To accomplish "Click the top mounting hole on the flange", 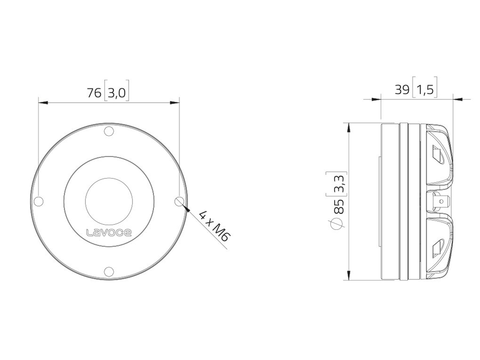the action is pyautogui.click(x=109, y=132).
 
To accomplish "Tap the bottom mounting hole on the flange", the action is pyautogui.click(x=109, y=271).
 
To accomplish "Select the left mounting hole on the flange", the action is pyautogui.click(x=38, y=202).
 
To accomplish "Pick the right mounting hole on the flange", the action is pyautogui.click(x=180, y=202).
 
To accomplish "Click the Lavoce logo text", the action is pyautogui.click(x=109, y=233).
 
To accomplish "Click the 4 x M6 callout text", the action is pyautogui.click(x=214, y=226).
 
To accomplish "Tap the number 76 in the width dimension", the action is pyautogui.click(x=94, y=93).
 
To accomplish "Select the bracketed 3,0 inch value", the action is pyautogui.click(x=117, y=91).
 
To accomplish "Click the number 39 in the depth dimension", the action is pyautogui.click(x=402, y=90).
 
